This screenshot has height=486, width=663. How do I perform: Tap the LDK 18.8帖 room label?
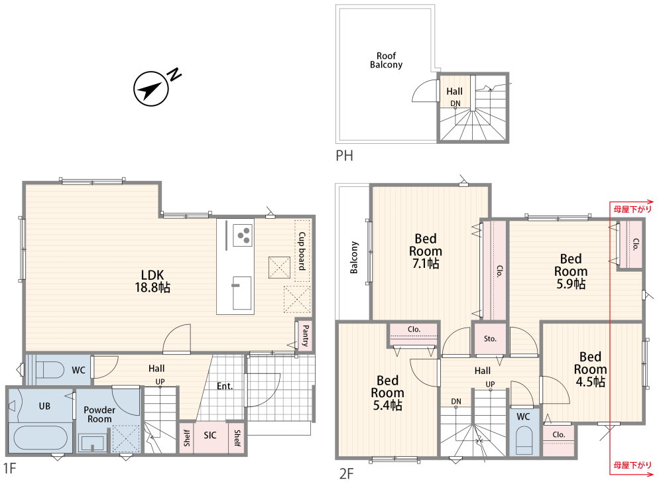coord(152,281)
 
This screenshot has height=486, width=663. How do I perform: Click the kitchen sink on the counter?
coord(241,292)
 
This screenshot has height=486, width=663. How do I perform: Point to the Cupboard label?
coord(302,251)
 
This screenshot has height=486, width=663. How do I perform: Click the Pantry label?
coord(306,336)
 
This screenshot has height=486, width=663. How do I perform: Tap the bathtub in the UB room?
coord(40,438)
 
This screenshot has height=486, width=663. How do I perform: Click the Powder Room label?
coord(99,414)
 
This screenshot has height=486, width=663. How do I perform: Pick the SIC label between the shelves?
coord(210,435)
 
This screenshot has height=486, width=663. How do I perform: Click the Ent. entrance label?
coord(225,386)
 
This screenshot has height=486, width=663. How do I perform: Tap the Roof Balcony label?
coord(386,60)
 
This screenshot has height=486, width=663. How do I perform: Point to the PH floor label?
coord(344,156)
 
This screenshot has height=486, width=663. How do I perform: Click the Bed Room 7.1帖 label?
coord(426,251)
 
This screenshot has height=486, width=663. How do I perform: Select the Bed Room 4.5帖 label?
coord(590,369)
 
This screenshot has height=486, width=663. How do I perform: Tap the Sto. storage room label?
coord(490,339)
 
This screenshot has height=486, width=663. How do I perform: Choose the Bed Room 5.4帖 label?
coord(387,393)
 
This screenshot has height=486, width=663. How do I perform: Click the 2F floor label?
coord(346,473)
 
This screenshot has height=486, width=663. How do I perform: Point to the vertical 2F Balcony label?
coord(354,258)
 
